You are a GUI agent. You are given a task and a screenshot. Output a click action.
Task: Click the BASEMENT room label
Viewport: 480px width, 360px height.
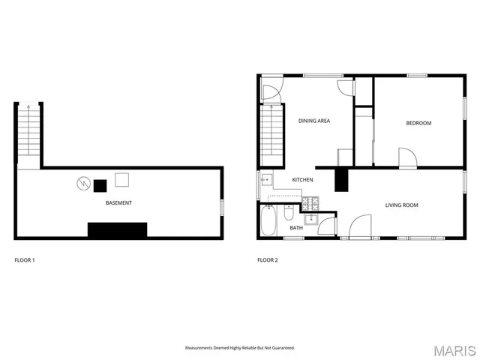click(x=118, y=203)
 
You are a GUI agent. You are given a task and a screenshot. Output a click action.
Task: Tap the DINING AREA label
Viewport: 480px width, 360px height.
click(x=314, y=121)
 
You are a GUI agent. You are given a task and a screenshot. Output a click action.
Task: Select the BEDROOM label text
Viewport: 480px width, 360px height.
click(x=418, y=123)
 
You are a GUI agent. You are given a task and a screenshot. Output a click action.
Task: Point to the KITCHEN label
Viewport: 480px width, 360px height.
click(x=302, y=180)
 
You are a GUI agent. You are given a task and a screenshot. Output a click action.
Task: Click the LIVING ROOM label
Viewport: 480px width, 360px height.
click(x=401, y=205)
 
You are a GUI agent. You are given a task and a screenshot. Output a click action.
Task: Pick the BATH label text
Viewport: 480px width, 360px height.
click(x=296, y=228)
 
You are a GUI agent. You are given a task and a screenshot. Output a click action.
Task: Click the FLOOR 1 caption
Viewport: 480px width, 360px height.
click(x=25, y=260)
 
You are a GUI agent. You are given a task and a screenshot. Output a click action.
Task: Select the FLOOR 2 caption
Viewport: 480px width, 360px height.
click(x=267, y=260)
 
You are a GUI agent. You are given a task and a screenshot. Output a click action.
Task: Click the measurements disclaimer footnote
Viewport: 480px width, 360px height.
click(x=240, y=348)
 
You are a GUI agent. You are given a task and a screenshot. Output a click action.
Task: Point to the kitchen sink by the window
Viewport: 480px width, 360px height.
click(x=267, y=180)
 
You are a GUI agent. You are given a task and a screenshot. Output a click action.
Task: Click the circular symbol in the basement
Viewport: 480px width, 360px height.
click(x=82, y=182)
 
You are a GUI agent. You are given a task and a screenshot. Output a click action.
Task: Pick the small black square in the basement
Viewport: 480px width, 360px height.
click(x=99, y=184)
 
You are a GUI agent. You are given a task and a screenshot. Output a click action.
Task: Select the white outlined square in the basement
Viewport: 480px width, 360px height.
click(x=121, y=180)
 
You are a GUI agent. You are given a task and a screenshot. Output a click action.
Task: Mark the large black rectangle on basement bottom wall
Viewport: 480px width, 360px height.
click(x=117, y=230)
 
